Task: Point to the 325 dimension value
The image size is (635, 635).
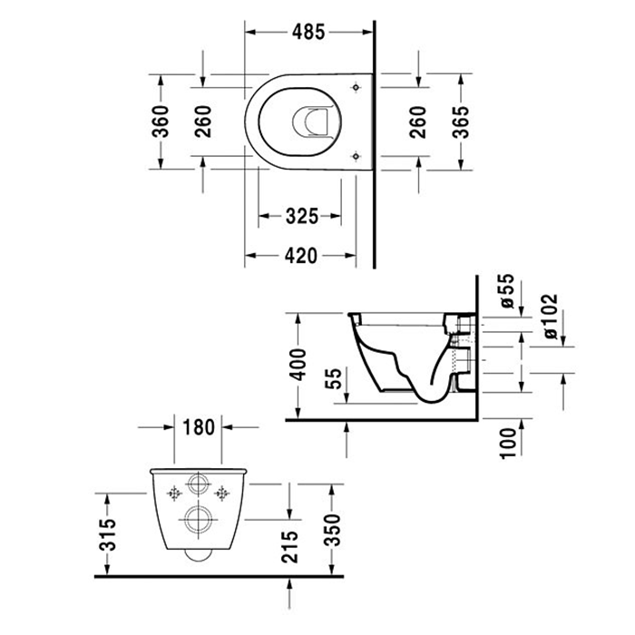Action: [x=301, y=217]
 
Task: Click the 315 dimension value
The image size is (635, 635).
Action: [x=107, y=534]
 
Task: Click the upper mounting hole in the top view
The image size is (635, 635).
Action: [x=356, y=87]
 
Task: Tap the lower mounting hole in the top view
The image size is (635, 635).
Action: [x=356, y=154]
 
